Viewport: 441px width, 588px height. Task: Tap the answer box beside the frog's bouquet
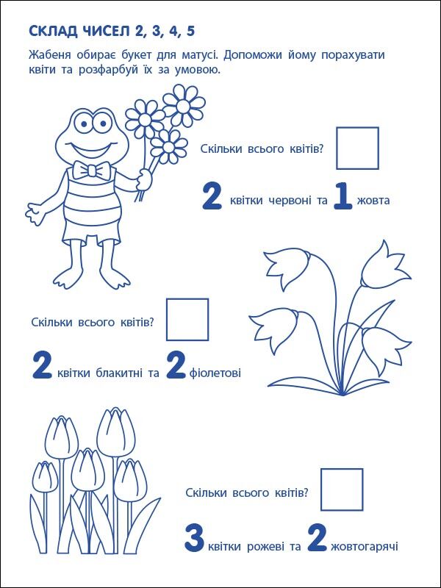tap(357, 148)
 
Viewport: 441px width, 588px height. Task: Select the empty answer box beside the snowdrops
tap(187, 319)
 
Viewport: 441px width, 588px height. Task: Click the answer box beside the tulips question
tap(342, 490)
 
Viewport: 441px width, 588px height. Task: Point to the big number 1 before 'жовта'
tap(343, 198)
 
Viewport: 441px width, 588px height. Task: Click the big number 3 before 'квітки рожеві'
tap(193, 539)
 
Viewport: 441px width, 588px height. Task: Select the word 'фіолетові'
tap(215, 373)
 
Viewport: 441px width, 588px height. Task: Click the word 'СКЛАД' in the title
tap(53, 31)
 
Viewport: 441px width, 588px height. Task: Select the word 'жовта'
tap(375, 200)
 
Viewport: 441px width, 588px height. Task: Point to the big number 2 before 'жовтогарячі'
tap(316, 539)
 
